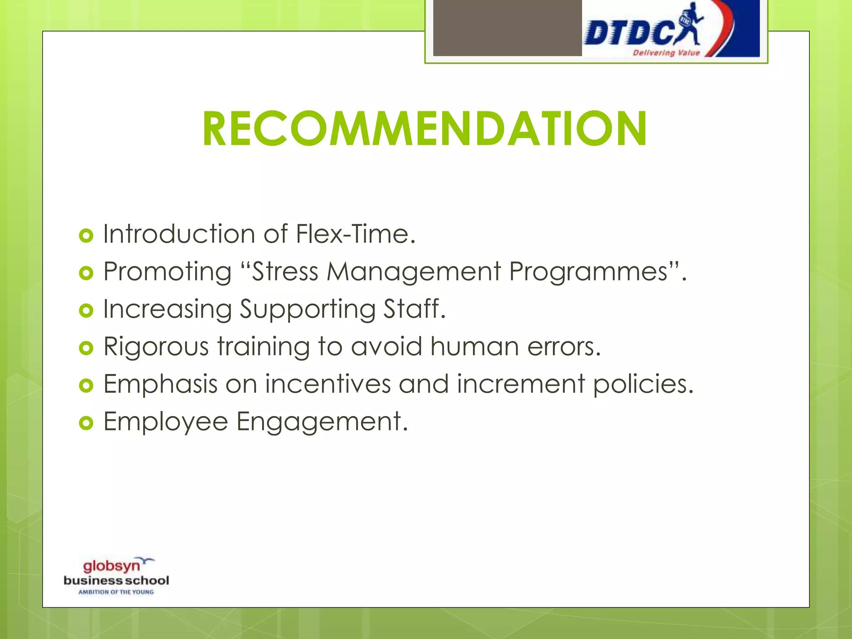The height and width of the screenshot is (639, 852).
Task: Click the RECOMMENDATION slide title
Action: [424, 129]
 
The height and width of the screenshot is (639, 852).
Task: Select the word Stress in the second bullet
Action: [285, 272]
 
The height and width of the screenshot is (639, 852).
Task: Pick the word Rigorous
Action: [156, 347]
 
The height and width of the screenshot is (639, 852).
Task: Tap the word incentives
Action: [328, 384]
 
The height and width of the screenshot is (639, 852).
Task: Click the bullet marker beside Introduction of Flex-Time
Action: [86, 236]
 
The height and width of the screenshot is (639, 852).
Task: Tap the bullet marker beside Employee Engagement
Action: [86, 424]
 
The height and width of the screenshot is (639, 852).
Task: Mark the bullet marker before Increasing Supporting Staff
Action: [86, 311]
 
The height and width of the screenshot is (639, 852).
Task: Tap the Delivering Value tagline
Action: [666, 53]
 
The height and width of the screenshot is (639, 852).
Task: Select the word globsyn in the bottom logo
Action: [111, 566]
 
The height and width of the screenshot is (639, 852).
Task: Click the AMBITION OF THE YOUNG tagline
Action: [116, 592]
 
